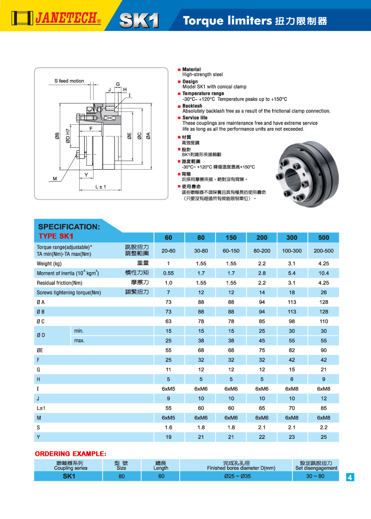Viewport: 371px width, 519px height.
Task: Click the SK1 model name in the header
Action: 139,20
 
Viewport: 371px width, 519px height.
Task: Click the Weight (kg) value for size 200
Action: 262,263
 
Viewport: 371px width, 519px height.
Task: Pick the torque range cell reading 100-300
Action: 292,251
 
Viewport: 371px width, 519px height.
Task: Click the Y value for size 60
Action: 169,437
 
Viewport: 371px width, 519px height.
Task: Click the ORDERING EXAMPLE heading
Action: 70,454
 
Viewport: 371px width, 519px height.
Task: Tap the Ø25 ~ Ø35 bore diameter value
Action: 241,476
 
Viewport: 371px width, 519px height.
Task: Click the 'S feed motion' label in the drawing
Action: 69,81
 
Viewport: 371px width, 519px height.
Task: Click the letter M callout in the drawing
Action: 55,178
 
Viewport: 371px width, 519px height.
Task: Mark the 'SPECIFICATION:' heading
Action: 69,226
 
